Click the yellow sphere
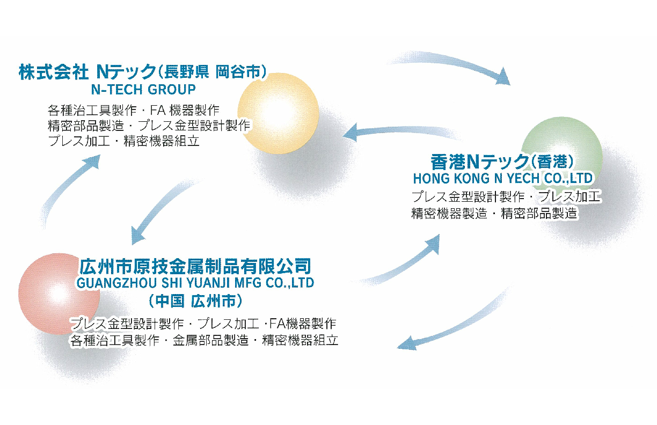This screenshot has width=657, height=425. pos(278,113)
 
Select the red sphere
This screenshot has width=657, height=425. pos(59,294)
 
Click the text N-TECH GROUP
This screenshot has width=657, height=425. pos(143,90)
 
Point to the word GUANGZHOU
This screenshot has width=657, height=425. pos(116,283)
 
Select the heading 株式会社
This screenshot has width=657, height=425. pos(54,72)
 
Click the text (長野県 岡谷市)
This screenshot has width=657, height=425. pos(213,72)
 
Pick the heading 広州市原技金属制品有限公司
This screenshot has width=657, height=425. pos(195,266)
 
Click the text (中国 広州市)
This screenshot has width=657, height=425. pos(195,301)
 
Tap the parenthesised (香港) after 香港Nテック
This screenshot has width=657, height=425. pos(552,162)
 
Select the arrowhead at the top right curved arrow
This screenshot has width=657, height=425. pos(502,77)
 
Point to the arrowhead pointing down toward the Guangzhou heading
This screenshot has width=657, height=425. pos(137,236)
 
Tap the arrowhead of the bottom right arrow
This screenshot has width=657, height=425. pos(407,344)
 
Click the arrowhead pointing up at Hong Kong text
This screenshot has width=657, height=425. pos(433,244)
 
